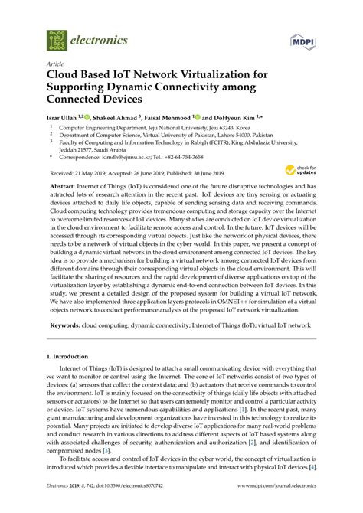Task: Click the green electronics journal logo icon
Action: pyautogui.click(x=56, y=39)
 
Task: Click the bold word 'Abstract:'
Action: pyautogui.click(x=64, y=185)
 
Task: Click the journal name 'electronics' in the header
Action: pyautogui.click(x=100, y=40)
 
